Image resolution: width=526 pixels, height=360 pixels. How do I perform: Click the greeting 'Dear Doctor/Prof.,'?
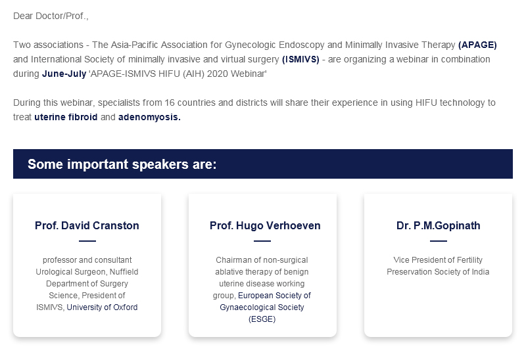(51, 16)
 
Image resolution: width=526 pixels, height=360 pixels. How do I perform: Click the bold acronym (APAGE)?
(477, 45)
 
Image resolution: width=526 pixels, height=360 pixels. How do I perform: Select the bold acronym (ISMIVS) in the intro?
(300, 59)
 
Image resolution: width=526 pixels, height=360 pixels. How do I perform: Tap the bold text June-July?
(64, 74)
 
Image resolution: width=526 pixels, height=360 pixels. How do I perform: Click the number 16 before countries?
(170, 102)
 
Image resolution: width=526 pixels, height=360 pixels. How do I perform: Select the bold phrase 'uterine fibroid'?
(66, 117)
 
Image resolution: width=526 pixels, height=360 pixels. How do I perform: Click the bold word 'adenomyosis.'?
(149, 118)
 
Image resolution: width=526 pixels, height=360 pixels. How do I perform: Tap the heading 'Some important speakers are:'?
(122, 164)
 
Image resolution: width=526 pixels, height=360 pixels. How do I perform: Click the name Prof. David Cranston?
(87, 225)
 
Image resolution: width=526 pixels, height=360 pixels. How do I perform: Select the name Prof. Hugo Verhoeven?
(265, 225)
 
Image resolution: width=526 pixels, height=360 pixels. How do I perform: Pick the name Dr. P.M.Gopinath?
(438, 225)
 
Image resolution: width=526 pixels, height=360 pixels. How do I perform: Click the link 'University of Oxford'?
(102, 307)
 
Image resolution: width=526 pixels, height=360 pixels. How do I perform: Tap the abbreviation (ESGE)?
(262, 319)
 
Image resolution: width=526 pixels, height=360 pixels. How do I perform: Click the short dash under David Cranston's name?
(87, 240)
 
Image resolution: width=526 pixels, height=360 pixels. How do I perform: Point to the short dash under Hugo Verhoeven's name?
(262, 240)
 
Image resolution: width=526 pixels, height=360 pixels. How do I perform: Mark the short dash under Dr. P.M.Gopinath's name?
(438, 240)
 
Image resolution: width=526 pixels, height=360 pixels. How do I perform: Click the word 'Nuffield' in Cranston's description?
(124, 272)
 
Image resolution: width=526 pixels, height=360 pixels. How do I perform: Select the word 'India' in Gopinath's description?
(481, 272)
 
